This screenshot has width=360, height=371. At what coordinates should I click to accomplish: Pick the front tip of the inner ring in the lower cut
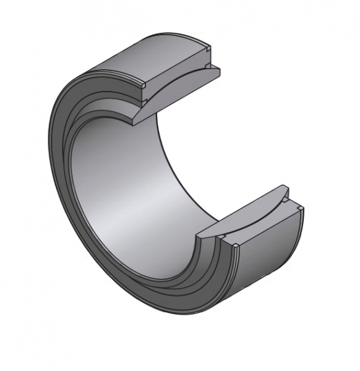200,234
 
